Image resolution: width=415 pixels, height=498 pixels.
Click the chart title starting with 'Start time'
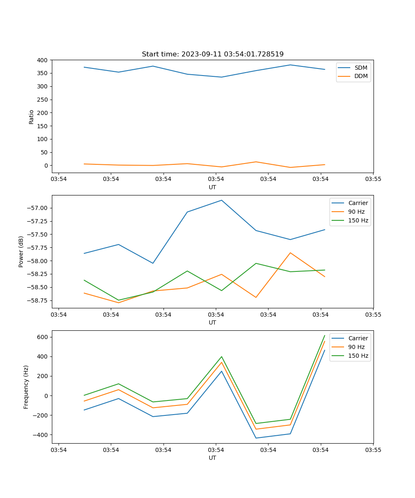point(212,54)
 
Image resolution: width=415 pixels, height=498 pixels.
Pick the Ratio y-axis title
point(32,117)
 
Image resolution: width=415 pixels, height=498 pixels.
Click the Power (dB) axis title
point(21,251)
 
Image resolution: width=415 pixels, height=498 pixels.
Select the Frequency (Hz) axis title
point(26,387)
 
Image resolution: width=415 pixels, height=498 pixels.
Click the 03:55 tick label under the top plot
point(373,179)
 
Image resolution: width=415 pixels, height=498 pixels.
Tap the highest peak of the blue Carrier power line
point(221,200)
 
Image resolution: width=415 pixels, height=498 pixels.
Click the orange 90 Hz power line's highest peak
point(290,253)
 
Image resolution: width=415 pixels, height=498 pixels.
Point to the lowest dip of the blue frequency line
point(256,438)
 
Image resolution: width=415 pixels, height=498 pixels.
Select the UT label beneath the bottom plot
point(212,458)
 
